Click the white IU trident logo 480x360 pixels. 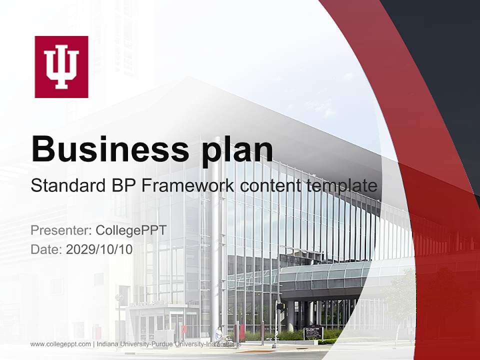pos(61,67)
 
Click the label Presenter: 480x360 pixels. pos(60,230)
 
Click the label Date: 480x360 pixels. pos(46,249)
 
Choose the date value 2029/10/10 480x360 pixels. pos(99,249)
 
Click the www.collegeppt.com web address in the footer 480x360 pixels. pos(60,344)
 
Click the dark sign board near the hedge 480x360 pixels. pos(313,332)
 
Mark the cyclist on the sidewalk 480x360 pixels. pos(219,334)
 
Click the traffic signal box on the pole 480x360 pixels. pos(280,305)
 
